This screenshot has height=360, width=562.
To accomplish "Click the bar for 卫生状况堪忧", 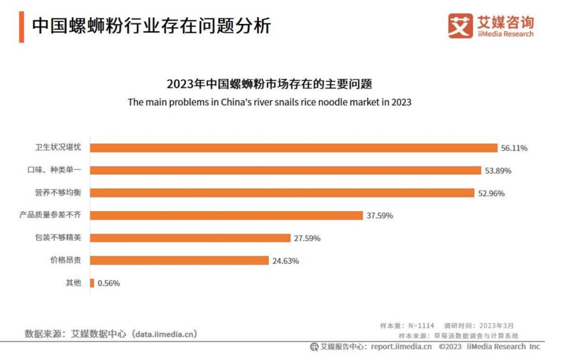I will coord(294,148).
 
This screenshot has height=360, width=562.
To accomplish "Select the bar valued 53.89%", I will coord(285,170).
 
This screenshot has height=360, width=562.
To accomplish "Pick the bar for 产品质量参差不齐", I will coord(226,215).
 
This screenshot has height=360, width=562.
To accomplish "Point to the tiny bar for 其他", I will coord(92,283).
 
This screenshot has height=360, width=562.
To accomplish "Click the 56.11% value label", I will coord(514,148).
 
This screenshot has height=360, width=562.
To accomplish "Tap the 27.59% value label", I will coord(307,238).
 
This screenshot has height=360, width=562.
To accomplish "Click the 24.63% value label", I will coord(286,261).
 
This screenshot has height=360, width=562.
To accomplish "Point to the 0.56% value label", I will coord(109,283).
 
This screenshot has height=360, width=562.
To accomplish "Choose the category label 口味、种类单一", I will coord(58,170).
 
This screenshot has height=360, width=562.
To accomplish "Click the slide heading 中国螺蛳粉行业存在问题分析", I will coord(151,25).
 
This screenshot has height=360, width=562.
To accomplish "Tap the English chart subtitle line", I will coord(270,102).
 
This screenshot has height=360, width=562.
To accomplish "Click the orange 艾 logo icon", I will coord(461,26).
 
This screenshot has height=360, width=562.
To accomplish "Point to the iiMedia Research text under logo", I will coord(505,34).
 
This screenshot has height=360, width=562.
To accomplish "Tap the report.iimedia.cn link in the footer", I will coord(401,346).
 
